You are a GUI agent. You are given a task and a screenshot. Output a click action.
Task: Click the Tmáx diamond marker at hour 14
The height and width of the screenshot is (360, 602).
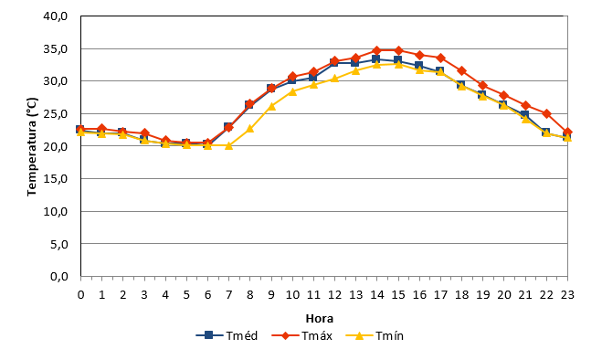[377, 50]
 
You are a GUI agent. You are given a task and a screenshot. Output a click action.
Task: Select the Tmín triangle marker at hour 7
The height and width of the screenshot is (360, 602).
[228, 145]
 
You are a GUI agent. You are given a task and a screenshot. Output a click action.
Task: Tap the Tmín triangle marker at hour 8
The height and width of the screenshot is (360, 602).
[250, 128]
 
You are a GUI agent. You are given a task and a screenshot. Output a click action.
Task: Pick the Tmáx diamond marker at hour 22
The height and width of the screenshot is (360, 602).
[546, 113]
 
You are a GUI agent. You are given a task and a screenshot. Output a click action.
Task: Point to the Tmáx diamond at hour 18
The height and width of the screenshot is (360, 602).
[462, 71]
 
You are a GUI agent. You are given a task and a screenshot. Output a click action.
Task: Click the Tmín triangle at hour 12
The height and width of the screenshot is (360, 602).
[334, 79]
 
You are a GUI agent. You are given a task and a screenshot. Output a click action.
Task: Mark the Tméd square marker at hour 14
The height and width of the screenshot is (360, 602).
[376, 59]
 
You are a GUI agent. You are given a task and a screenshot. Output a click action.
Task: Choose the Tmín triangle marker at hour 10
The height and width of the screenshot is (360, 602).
[292, 91]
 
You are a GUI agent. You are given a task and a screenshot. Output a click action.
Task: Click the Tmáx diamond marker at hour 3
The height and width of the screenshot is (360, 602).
[144, 132]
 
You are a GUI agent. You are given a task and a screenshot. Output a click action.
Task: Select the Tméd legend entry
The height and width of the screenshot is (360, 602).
[227, 335]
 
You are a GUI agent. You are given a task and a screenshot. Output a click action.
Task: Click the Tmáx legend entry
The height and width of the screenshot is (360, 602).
[301, 335]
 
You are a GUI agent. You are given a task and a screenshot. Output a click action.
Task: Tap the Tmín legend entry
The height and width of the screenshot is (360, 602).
[375, 335]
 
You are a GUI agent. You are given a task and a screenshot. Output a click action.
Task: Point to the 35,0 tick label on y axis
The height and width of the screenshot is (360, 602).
[56, 48]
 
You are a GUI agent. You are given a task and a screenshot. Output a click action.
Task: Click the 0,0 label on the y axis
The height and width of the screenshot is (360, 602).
[59, 276]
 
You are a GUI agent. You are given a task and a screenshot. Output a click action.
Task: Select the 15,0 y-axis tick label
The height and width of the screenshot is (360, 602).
[56, 179]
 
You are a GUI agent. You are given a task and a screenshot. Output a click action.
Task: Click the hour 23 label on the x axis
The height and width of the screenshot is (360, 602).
[567, 295]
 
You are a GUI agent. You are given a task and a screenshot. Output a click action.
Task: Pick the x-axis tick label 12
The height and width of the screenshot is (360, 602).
[334, 295]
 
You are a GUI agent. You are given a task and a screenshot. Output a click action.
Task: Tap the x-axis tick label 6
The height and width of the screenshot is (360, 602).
[207, 295]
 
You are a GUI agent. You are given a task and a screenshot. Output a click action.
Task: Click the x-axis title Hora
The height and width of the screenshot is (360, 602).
[320, 319]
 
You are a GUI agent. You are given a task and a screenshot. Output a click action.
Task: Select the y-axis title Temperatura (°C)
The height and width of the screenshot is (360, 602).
[32, 146]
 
